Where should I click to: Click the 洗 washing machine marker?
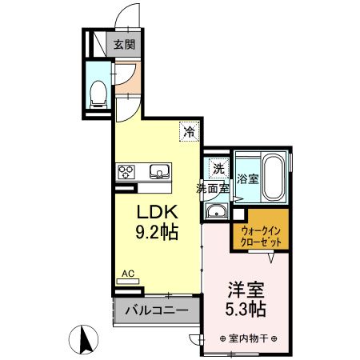point(217,168)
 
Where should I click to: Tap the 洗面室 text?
point(214,190)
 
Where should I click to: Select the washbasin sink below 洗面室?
point(216,212)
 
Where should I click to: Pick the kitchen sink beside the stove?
point(159,170)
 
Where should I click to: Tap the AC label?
point(127,273)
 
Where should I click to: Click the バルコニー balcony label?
point(155,309)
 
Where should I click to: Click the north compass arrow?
point(83,339)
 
